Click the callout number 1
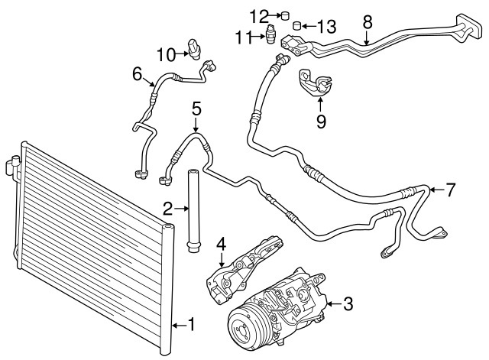pos(191,325)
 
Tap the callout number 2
pos(167,207)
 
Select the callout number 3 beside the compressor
pos(348,305)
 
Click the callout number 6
pos(138,74)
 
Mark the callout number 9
pos(321,120)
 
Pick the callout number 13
pos(326,27)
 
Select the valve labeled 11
pos(270,36)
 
